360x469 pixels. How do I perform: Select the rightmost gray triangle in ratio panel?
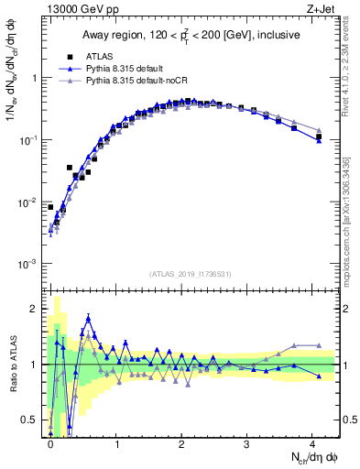tap(319, 345)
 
